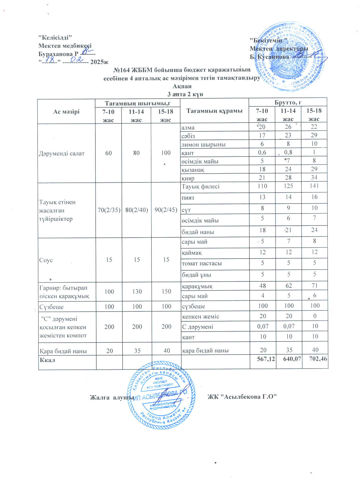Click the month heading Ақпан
point(182,86)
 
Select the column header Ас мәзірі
point(66,112)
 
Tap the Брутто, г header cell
point(288,102)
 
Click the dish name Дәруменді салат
point(62,153)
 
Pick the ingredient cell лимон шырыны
point(203,145)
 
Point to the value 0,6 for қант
point(262,153)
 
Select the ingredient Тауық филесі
point(200,187)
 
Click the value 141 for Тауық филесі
point(314,186)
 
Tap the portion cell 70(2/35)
point(109,210)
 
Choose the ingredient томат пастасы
point(202,263)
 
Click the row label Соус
point(46,260)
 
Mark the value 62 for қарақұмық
point(288,286)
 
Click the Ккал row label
point(48,360)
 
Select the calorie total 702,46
point(318,359)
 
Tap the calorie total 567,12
point(266,359)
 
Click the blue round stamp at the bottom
point(161,395)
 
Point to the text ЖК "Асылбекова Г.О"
point(242,397)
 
